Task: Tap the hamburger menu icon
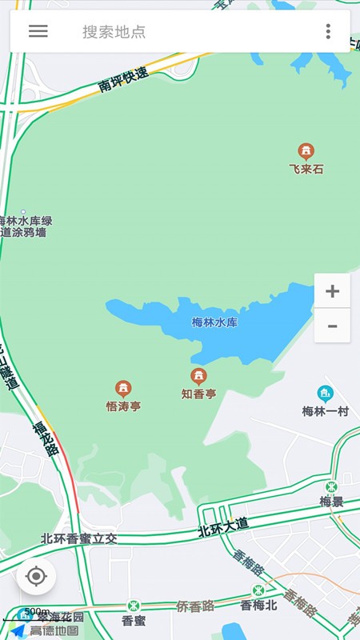[x=38, y=31]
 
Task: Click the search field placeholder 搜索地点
[x=114, y=32]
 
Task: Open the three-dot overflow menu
[x=328, y=31]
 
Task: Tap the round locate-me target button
[x=36, y=576]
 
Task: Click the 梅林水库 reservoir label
[x=214, y=322]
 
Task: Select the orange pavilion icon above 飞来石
[x=306, y=150]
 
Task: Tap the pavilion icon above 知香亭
[x=198, y=376]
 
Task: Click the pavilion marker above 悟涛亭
[x=123, y=389]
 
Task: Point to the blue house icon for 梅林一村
[x=325, y=394]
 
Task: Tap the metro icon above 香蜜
[x=133, y=605]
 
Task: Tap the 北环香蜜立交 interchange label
[x=79, y=539]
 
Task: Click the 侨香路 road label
[x=195, y=606]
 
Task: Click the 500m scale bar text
[x=37, y=612]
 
